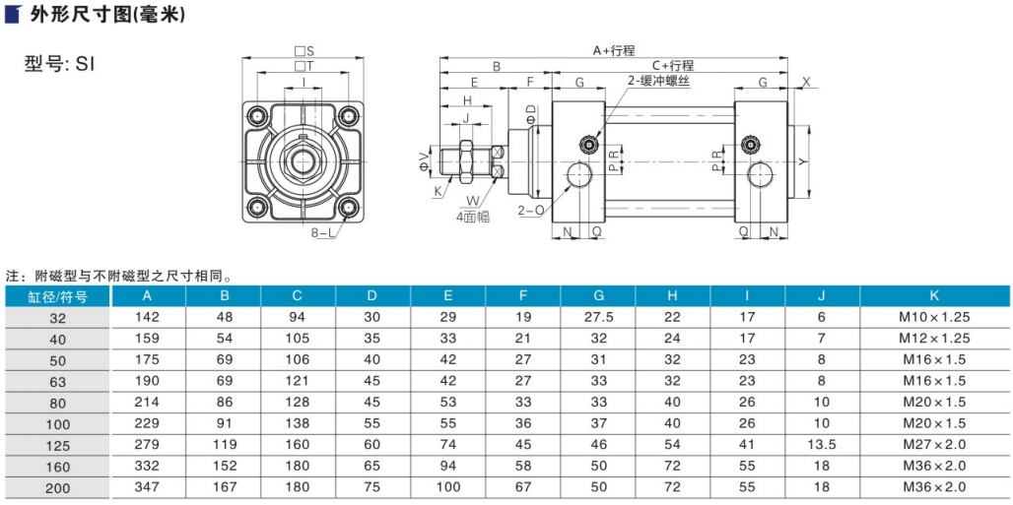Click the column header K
point(934,296)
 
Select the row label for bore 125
point(56,444)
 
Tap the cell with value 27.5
point(598,317)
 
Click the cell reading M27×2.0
point(934,444)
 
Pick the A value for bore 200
point(148,486)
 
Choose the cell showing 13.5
point(822,444)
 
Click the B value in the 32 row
point(224,317)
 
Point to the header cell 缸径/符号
point(56,296)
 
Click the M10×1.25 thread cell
point(934,317)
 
